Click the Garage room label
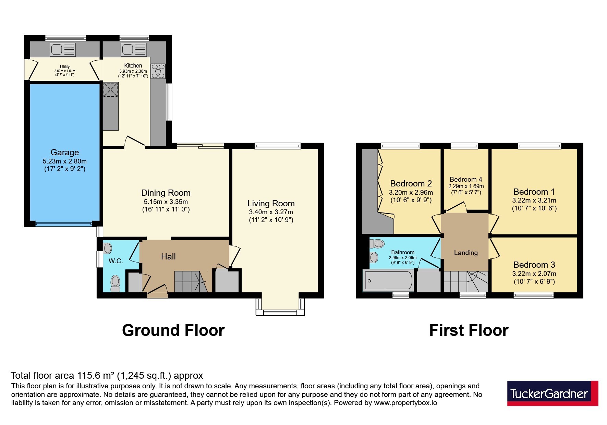click(65, 153)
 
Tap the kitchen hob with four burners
click(158, 71)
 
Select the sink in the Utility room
click(63, 49)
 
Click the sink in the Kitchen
click(134, 49)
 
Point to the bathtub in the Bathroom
click(388, 281)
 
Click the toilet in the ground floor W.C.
click(116, 284)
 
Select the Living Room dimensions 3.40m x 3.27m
click(271, 212)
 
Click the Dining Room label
click(166, 193)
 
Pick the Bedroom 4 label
click(466, 179)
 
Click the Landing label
click(466, 253)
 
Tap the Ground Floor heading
click(173, 330)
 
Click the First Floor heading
click(469, 330)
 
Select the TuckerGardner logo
click(553, 393)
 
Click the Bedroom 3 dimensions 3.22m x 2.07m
click(534, 274)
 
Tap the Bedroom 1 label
click(534, 192)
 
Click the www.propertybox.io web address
click(405, 403)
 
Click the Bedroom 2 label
click(411, 184)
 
